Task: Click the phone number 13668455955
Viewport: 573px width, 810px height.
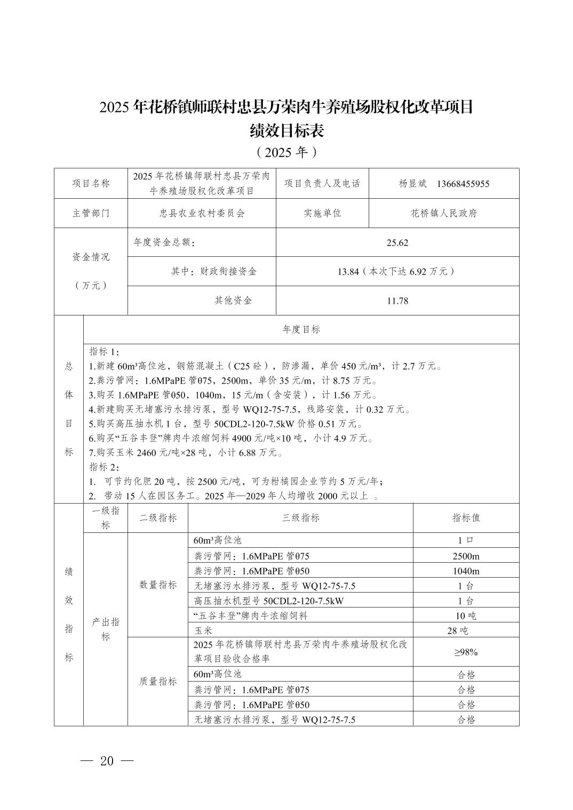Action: tap(463, 184)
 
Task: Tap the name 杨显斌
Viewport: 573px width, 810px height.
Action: tap(413, 184)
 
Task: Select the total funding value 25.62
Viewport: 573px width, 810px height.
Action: tap(397, 243)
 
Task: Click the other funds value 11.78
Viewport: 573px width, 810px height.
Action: tap(397, 301)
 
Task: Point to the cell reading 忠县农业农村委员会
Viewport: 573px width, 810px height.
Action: tap(202, 213)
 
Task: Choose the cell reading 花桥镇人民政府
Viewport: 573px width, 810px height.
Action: tap(443, 213)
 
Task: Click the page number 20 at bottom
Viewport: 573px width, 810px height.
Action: tap(107, 761)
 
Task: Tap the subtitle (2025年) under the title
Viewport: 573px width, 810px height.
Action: tap(286, 152)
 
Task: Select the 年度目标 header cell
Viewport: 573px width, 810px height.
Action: tap(301, 329)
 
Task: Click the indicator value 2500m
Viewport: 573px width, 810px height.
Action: tap(466, 556)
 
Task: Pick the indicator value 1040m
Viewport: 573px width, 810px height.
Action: tap(466, 571)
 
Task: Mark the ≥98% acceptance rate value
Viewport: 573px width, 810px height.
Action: tap(466, 652)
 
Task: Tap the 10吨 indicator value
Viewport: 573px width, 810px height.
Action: tap(466, 616)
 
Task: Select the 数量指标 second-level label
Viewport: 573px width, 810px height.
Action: tap(158, 585)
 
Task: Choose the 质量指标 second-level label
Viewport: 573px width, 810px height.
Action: tap(158, 682)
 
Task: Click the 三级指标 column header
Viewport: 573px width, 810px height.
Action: tap(300, 518)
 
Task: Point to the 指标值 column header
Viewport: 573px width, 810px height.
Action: tap(466, 518)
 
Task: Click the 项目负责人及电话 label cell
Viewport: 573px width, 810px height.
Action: tap(322, 184)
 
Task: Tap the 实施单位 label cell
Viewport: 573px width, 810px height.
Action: tap(322, 213)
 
